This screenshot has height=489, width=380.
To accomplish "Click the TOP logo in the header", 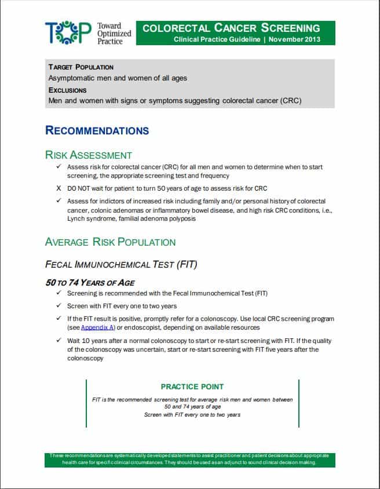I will tap(68, 33).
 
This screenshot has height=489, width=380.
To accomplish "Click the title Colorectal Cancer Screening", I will tap(231, 28).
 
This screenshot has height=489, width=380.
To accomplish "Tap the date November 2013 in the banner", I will tap(294, 39).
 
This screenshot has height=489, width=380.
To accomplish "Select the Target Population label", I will tap(81, 67).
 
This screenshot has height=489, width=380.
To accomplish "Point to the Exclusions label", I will tap(67, 90).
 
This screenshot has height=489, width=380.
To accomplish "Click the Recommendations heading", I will tap(97, 130).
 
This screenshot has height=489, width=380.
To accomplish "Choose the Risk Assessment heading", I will tap(88, 155).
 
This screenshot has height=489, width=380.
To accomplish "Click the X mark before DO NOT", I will tap(58, 188).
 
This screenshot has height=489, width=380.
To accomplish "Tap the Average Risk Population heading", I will tap(110, 242).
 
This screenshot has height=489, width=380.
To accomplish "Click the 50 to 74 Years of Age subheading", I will tap(90, 283).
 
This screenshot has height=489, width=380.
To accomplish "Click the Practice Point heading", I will tap(192, 386).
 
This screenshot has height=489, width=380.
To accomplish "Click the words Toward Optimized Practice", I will tap(114, 34).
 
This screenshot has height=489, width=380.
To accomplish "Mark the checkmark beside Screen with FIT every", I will tap(58, 306).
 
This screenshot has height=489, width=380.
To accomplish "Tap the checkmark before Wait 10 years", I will tap(58, 341).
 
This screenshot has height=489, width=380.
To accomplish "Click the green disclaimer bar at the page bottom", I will tap(189, 459).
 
